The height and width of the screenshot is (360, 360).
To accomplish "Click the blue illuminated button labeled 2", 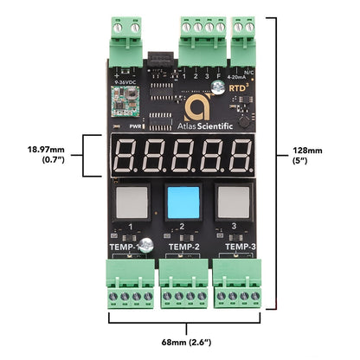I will tap(180, 202).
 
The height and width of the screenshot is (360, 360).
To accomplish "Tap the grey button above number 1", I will tap(130, 202).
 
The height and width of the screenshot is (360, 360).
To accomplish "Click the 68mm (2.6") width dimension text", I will tap(180, 340).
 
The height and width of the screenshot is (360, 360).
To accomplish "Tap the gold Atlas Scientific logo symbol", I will tap(196, 106).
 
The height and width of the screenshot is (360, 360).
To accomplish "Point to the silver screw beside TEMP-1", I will tap(148, 245).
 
